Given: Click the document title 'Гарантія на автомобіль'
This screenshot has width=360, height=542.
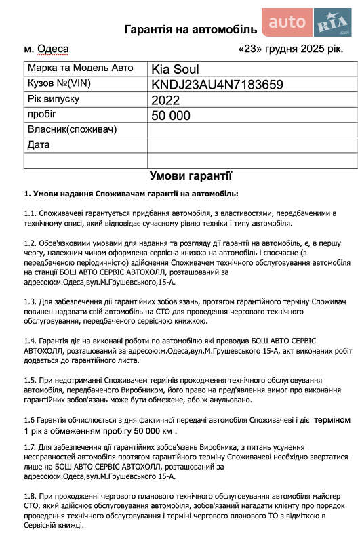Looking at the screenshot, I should (191, 29).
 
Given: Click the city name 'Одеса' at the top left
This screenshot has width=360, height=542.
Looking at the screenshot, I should (53, 49).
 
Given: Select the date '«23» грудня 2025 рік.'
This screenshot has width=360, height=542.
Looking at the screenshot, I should (292, 49).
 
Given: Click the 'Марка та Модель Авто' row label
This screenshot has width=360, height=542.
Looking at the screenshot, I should (77, 69).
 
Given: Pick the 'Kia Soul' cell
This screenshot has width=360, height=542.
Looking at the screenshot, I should (176, 69).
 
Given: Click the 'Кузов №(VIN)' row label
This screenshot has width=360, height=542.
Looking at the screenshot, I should (60, 84).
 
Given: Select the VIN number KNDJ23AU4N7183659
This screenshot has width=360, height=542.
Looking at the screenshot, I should (216, 85).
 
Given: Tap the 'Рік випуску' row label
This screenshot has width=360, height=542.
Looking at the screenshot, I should (54, 99).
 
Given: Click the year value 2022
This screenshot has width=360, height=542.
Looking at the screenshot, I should (167, 100).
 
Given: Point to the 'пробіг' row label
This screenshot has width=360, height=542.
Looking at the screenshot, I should (42, 114).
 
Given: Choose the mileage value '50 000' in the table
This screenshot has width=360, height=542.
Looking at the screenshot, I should (171, 115).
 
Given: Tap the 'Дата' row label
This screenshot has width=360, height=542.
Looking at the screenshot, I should (39, 144).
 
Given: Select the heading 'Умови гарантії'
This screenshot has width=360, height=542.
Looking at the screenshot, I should (191, 176).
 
